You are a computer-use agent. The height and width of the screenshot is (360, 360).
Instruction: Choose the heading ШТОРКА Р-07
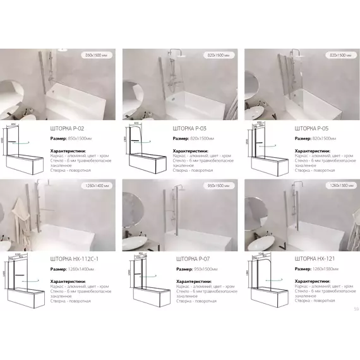(x=192, y=260)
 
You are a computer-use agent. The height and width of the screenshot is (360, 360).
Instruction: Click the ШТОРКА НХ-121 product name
(x=316, y=260)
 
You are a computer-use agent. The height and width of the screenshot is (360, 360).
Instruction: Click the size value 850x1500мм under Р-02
(x=78, y=138)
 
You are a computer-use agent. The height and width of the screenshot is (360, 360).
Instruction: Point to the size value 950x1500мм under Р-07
(x=201, y=269)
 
